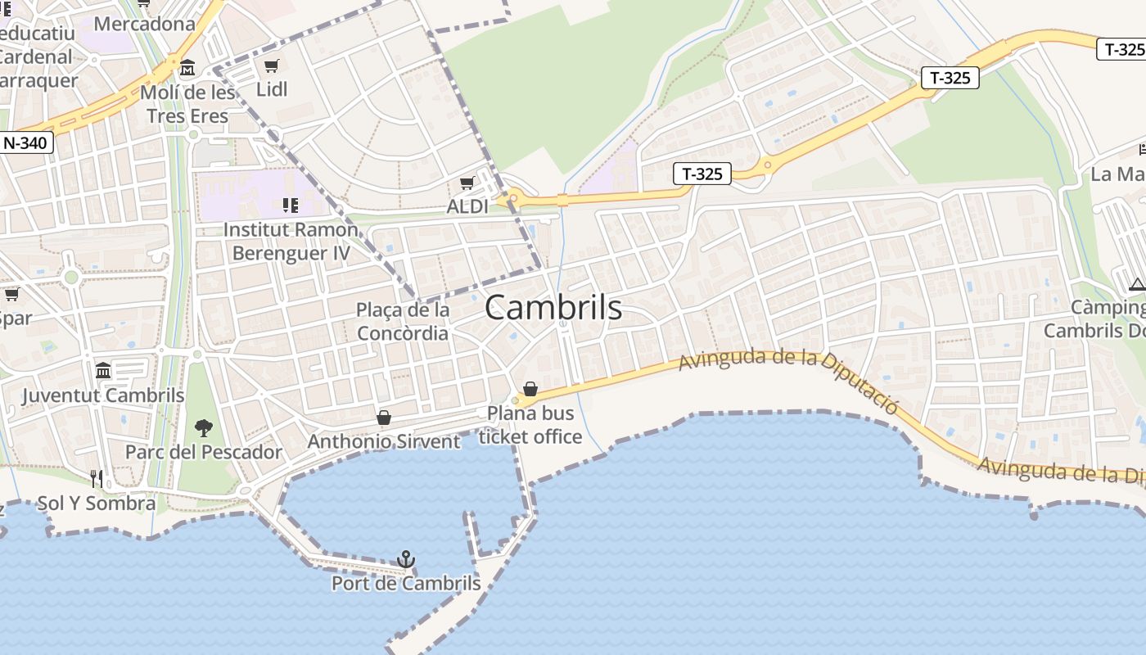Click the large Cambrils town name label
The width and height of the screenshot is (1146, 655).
pyautogui.click(x=553, y=308)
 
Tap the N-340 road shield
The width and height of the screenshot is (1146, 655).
pyautogui.click(x=25, y=143)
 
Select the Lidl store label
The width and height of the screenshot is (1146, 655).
pyautogui.click(x=272, y=89)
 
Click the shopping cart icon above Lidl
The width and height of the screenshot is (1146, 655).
pyautogui.click(x=272, y=65)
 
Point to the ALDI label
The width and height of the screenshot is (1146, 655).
pyautogui.click(x=467, y=206)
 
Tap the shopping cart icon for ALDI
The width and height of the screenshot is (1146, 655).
pyautogui.click(x=467, y=183)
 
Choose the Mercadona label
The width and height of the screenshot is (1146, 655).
pyautogui.click(x=145, y=24)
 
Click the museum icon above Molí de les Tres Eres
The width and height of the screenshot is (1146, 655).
pyautogui.click(x=187, y=66)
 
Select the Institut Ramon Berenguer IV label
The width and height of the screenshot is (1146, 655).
pyautogui.click(x=291, y=241)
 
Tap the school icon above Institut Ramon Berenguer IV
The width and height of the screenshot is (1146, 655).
pyautogui.click(x=290, y=204)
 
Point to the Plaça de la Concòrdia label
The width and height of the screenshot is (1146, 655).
pyautogui.click(x=403, y=322)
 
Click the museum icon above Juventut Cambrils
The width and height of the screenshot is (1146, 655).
pyautogui.click(x=103, y=371)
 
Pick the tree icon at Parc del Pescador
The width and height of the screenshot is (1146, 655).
pyautogui.click(x=203, y=427)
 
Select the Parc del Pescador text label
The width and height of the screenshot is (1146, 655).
pyautogui.click(x=203, y=452)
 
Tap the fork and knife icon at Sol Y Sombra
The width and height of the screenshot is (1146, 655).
pyautogui.click(x=97, y=478)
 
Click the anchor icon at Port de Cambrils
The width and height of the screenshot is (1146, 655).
pyautogui.click(x=405, y=559)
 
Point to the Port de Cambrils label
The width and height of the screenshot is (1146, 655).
pyautogui.click(x=406, y=584)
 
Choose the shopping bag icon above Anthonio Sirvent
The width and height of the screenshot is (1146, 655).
pyautogui.click(x=383, y=418)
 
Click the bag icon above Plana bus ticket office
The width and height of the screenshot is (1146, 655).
pyautogui.click(x=530, y=388)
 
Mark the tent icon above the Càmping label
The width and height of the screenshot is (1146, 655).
pyautogui.click(x=1136, y=284)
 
